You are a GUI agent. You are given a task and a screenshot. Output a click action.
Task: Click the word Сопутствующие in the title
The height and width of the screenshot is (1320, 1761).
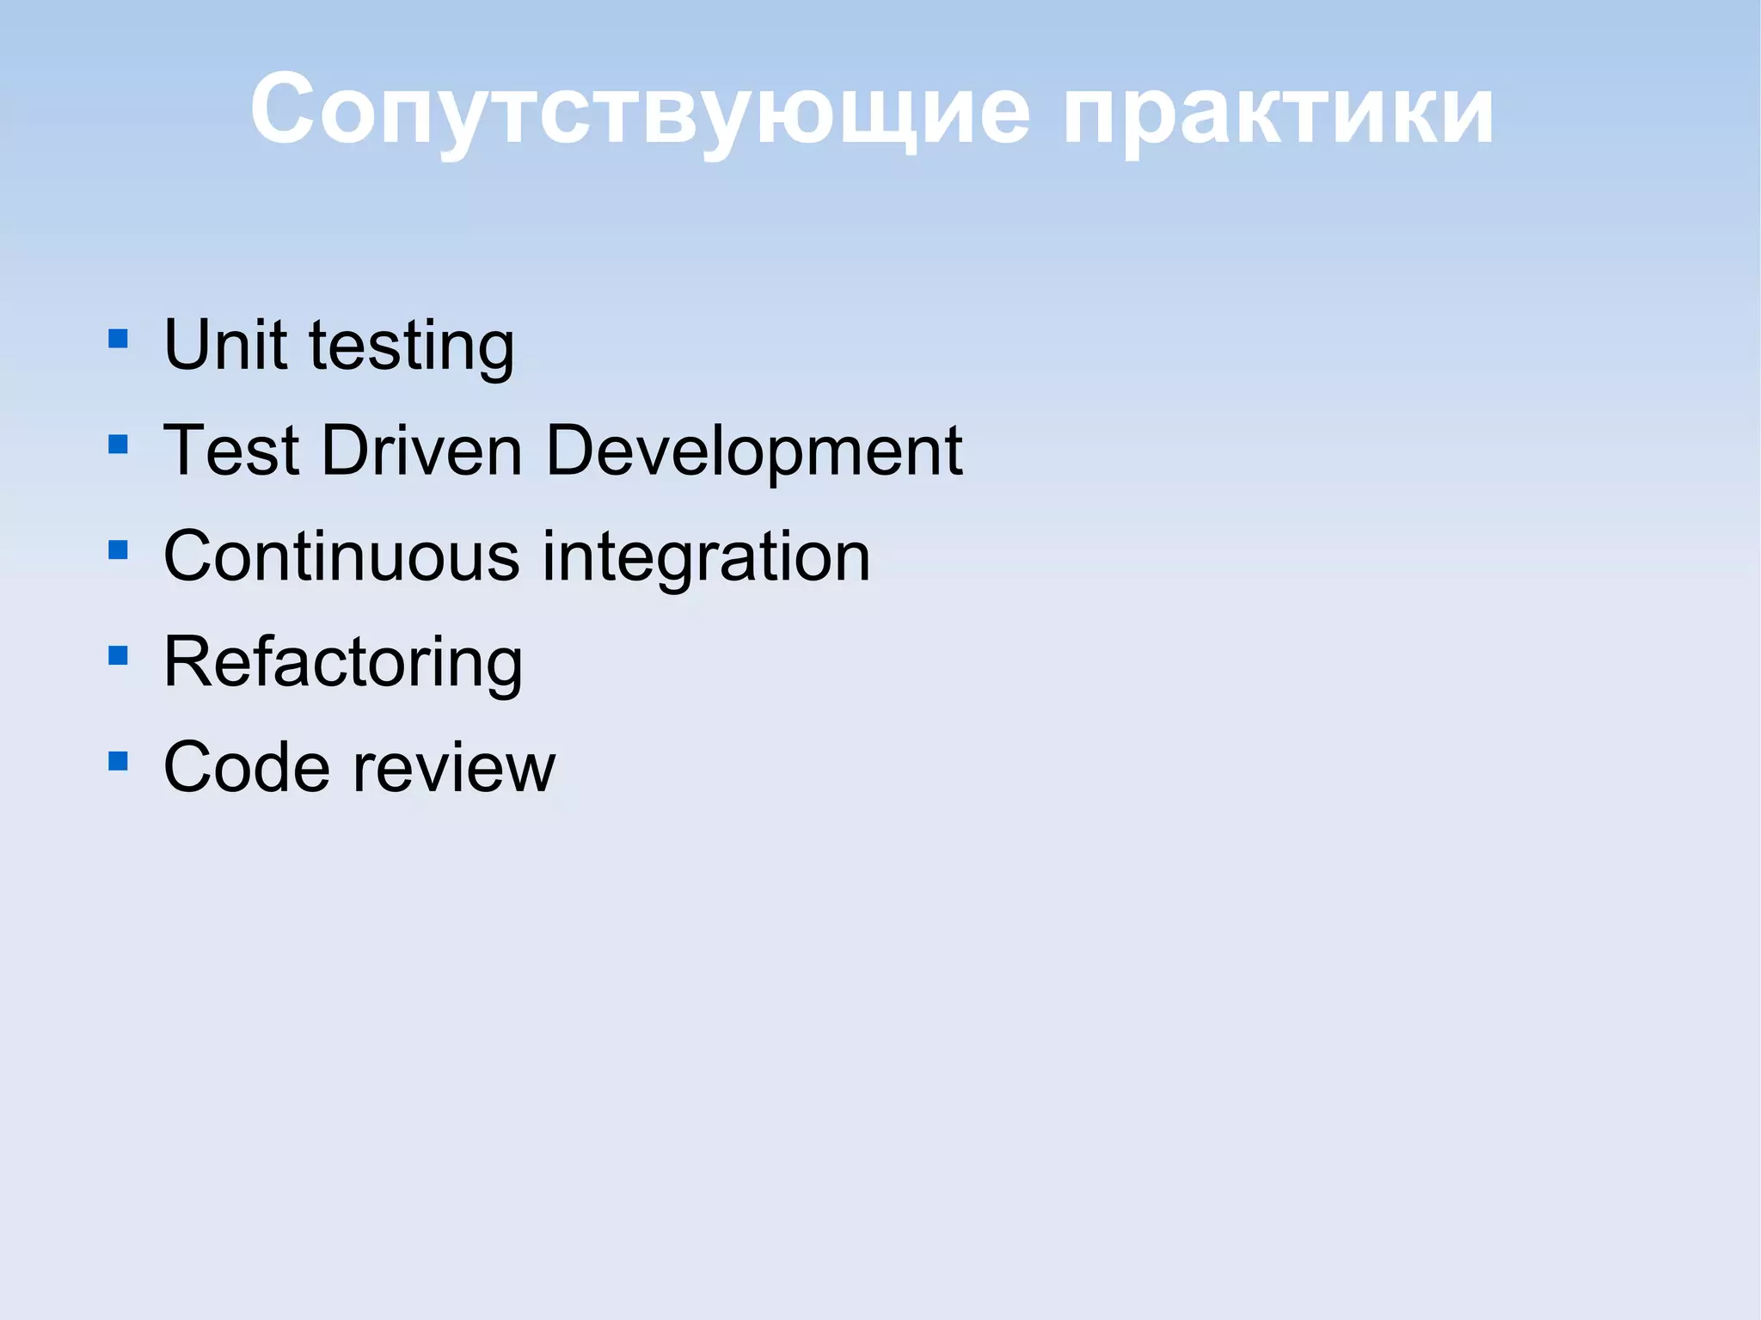tap(639, 112)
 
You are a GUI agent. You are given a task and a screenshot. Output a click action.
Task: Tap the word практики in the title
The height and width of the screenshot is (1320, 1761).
tap(1279, 112)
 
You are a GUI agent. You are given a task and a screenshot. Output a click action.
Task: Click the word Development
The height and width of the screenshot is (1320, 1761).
tap(753, 451)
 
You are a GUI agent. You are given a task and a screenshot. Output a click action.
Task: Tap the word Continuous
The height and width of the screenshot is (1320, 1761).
tap(341, 556)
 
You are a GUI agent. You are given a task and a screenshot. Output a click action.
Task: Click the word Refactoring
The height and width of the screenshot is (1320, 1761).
tap(343, 663)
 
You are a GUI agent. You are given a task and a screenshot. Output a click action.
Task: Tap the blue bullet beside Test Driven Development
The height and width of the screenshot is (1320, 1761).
tap(119, 444)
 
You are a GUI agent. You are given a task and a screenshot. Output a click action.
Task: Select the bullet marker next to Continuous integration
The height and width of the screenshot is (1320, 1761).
tap(119, 549)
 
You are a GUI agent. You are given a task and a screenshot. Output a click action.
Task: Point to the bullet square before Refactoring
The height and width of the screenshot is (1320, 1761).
tap(119, 656)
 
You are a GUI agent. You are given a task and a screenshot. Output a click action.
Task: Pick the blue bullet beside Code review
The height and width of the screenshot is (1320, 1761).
tap(119, 761)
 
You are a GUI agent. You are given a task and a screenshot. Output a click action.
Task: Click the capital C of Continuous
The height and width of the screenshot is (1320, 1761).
tap(191, 556)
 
